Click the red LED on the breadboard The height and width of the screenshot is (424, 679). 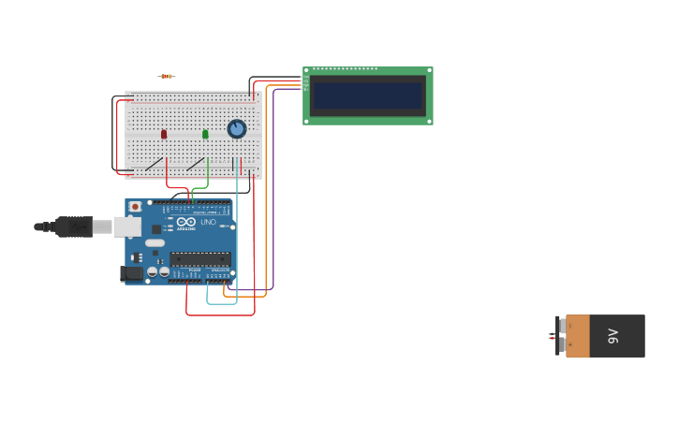(x=164, y=134)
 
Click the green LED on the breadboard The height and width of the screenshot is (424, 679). (x=205, y=134)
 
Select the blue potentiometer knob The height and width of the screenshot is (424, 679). (x=237, y=128)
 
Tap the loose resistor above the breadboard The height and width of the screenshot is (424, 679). (x=167, y=77)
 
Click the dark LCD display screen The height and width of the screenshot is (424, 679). (x=368, y=95)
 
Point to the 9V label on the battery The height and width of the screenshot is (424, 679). (x=613, y=336)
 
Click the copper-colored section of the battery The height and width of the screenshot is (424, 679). (x=578, y=336)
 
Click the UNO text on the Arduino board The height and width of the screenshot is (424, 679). (x=208, y=222)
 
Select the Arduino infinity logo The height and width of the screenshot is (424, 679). (x=186, y=222)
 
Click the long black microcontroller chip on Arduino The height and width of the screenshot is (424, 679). (x=200, y=258)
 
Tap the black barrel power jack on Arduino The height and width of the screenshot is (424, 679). (x=132, y=273)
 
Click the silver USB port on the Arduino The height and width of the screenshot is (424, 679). (x=127, y=227)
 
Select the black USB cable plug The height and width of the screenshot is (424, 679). (x=74, y=227)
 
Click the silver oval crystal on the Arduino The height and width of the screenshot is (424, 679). (x=155, y=242)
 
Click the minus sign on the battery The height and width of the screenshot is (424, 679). (x=569, y=327)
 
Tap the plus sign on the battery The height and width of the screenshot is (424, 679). (x=569, y=345)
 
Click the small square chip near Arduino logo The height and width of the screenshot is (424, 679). (x=156, y=228)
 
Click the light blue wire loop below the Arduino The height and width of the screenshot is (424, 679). (x=221, y=302)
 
